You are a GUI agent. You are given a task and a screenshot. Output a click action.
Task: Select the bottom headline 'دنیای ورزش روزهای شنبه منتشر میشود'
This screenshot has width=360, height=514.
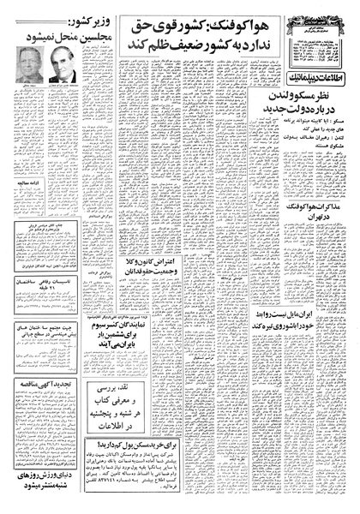(45, 494)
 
